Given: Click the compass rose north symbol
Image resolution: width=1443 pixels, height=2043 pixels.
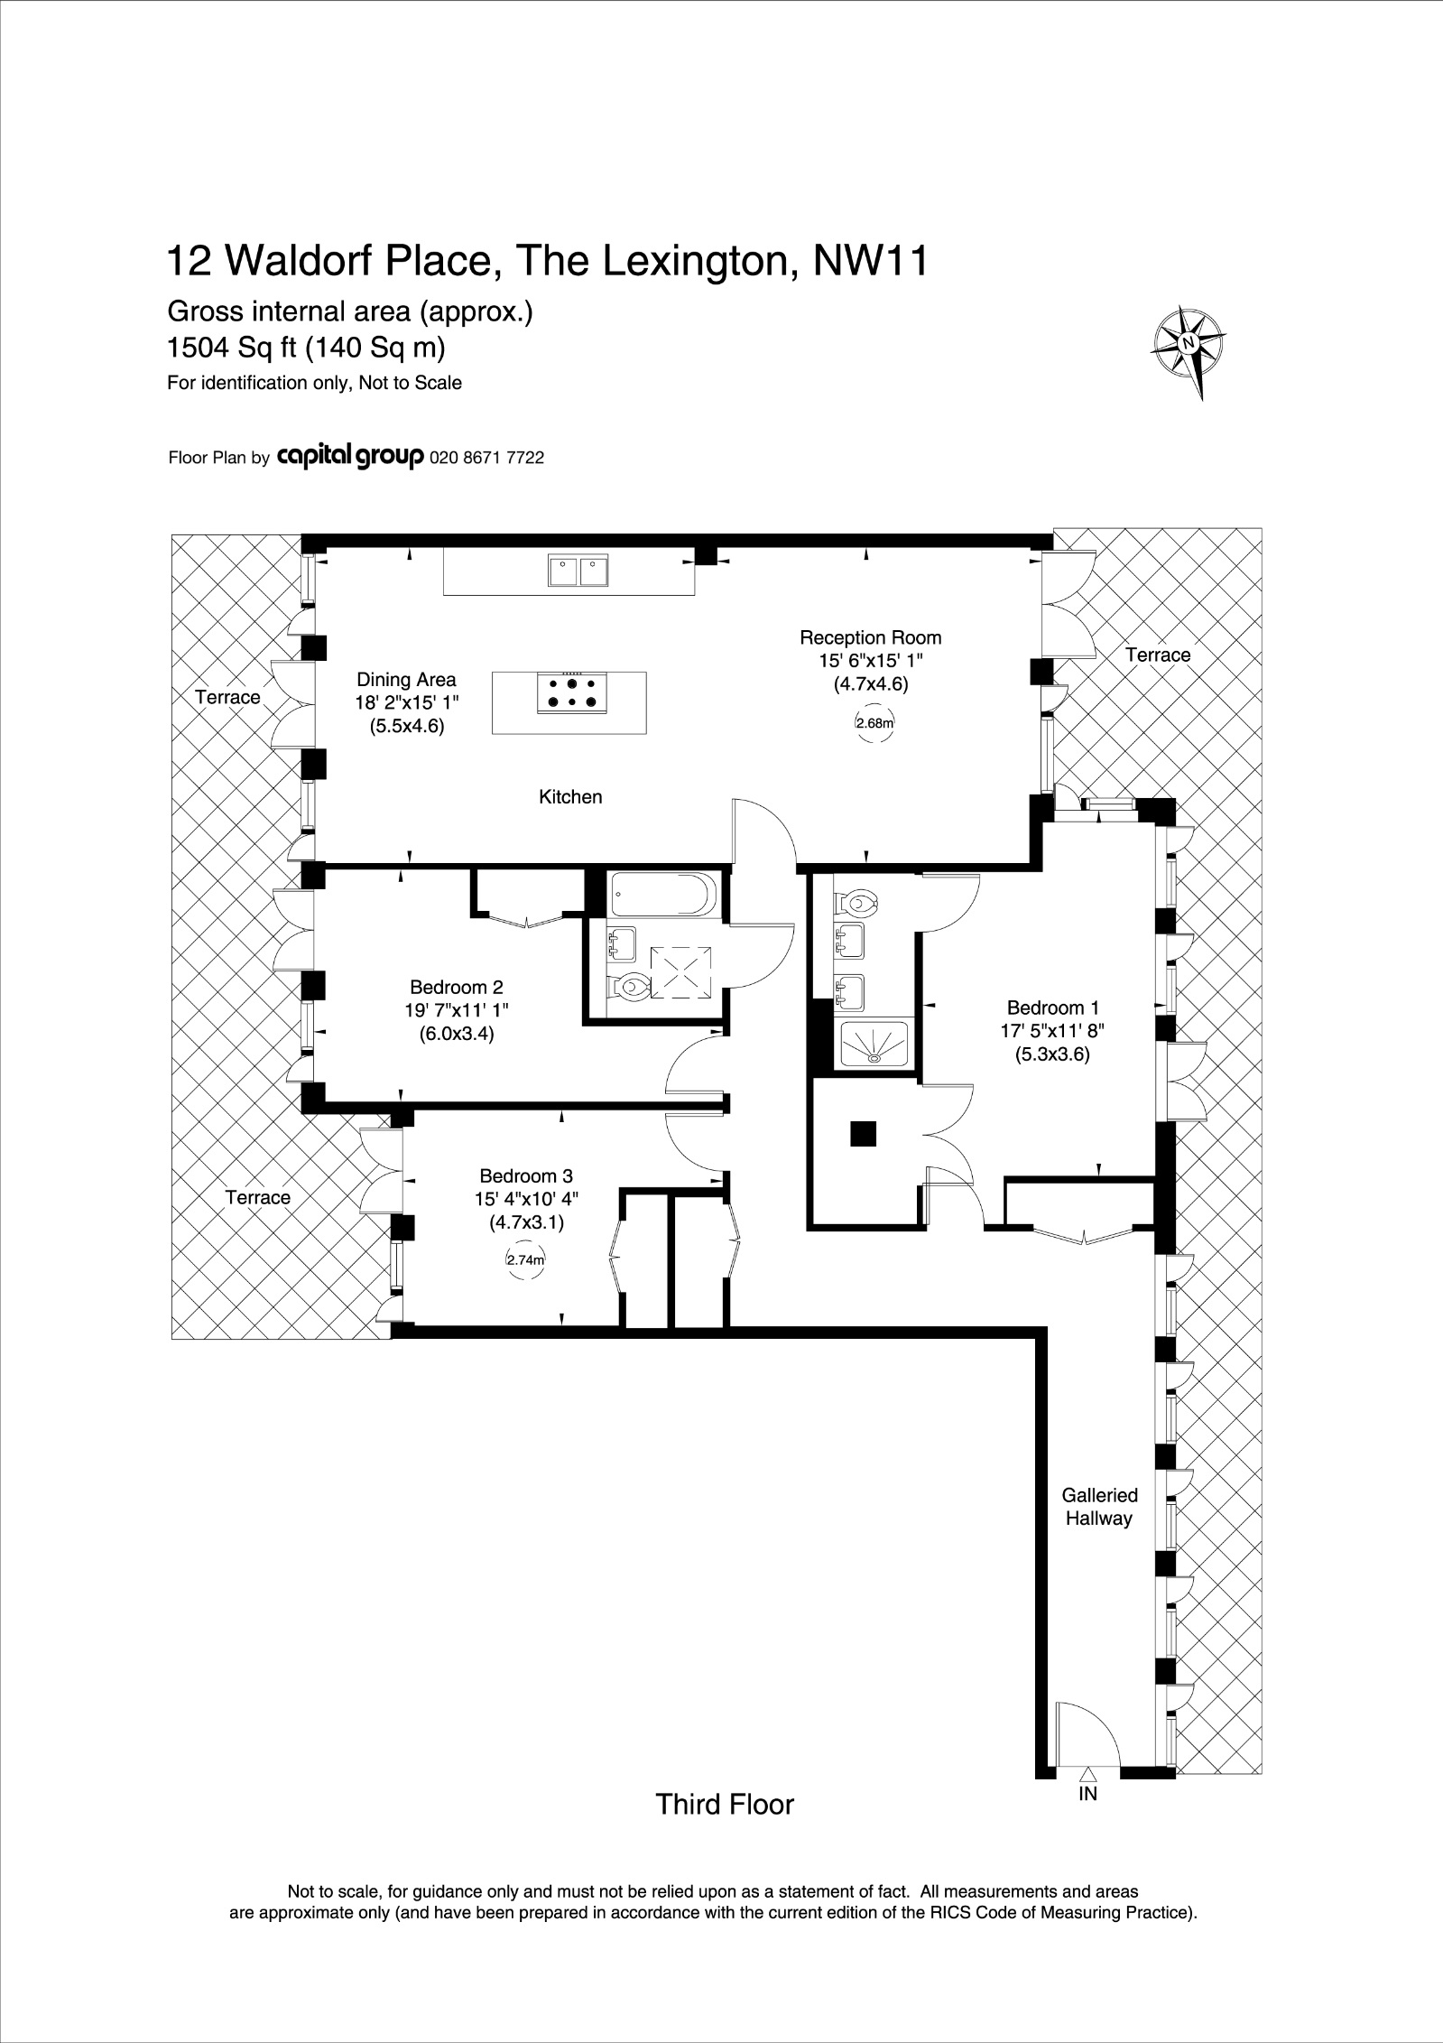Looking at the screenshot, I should pos(1189,343).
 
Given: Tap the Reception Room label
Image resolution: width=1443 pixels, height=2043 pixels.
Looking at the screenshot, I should pos(870,637).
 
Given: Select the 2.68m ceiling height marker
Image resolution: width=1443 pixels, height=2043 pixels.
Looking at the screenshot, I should pos(874,722).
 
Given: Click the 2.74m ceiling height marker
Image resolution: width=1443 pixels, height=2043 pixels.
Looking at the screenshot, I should pos(525,1260).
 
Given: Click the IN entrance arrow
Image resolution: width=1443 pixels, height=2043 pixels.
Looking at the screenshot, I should pos(1087,1818).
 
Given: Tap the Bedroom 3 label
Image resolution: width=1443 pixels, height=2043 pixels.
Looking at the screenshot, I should pos(525,1175).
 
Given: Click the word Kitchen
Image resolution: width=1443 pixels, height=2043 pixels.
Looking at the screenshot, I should pos(570,796).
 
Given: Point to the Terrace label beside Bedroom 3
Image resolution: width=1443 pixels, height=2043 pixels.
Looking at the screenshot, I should pos(257,1197).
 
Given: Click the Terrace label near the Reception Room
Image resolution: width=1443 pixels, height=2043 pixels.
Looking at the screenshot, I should pos(1157,655).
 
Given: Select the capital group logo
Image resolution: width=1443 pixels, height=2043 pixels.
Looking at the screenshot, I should pos(350,458).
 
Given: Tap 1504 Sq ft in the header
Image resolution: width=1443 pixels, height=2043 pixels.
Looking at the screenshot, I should pos(231,348).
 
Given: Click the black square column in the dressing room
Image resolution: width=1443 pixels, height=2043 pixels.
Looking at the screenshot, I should pos(863,1133).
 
